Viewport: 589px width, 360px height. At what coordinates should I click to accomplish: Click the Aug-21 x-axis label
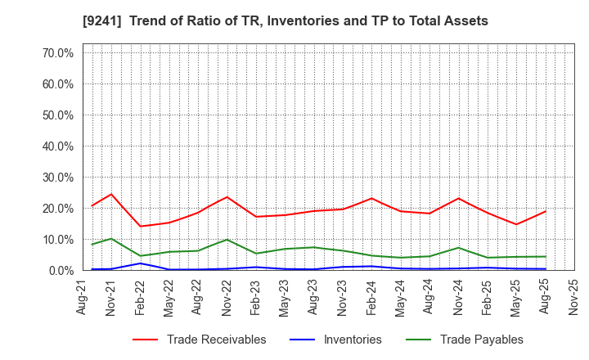[83, 297]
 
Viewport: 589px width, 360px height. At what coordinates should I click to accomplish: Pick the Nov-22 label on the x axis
[226, 297]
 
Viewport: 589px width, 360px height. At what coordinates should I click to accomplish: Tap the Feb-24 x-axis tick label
[370, 297]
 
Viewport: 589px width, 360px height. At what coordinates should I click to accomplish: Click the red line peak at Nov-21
[111, 194]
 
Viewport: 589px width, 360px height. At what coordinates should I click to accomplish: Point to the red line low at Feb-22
[140, 227]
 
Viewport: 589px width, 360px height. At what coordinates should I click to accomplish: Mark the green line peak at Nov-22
[227, 240]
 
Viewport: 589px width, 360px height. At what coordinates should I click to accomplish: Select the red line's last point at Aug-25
[546, 211]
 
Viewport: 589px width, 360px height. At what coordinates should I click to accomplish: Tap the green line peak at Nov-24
[458, 248]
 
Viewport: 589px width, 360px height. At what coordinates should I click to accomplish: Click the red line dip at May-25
[516, 224]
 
